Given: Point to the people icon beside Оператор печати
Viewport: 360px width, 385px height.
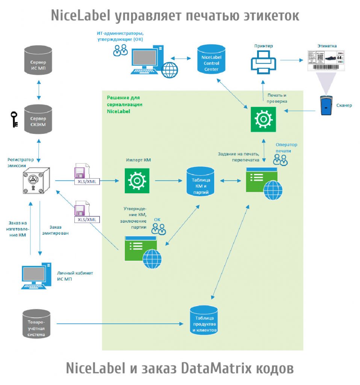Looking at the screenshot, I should click(x=280, y=160).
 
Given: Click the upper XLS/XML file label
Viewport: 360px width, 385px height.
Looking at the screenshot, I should click(x=87, y=182).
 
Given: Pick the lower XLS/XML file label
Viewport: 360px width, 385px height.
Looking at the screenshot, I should click(x=87, y=220).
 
